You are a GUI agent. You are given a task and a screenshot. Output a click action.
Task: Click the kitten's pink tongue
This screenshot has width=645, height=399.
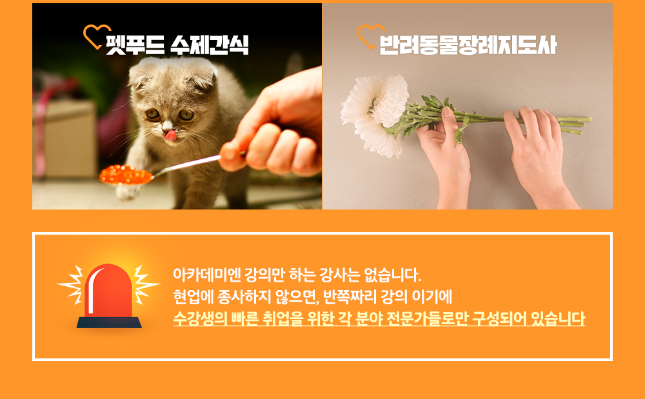[x=170, y=135]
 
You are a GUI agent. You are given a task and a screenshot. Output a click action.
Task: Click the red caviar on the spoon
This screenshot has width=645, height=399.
[x=126, y=175]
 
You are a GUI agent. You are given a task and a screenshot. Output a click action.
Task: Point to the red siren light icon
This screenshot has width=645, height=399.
[x=108, y=296]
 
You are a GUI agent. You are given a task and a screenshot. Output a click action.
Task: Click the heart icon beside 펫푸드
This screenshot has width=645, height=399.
[x=96, y=36]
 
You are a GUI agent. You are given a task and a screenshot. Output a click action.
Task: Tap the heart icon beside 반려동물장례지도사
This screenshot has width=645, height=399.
[x=370, y=36]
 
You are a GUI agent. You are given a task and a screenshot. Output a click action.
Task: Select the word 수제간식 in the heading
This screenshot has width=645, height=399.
[x=210, y=44]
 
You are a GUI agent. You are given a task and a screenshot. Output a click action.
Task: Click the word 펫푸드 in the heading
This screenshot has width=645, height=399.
[x=135, y=44]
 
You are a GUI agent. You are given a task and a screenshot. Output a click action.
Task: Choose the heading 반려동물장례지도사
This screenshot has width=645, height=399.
[x=467, y=44]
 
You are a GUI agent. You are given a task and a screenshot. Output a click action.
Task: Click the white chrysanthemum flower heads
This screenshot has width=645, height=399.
[x=376, y=111]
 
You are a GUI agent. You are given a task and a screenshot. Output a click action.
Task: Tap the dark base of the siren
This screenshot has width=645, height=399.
[x=109, y=322]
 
